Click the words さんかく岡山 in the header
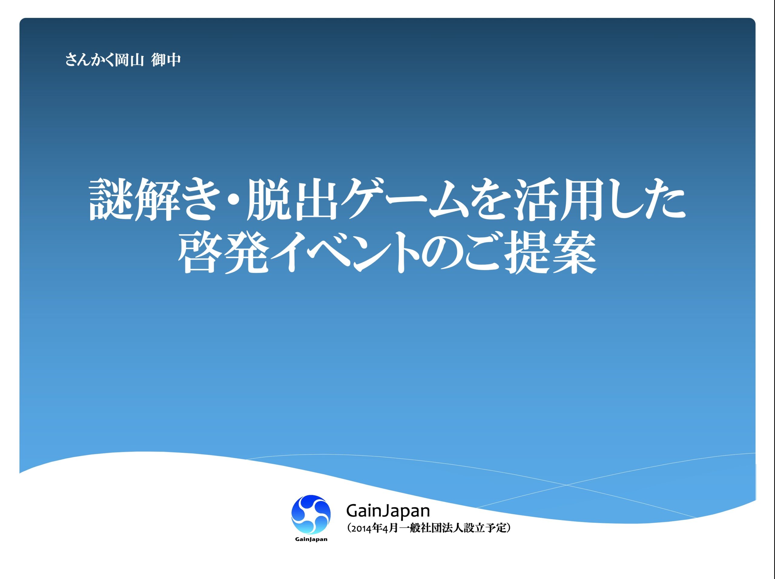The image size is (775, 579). (x=104, y=60)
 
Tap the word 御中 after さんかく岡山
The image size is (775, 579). (x=166, y=60)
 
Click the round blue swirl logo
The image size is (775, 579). (x=311, y=514)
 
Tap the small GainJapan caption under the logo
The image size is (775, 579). (x=311, y=539)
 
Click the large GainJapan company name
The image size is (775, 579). (x=388, y=511)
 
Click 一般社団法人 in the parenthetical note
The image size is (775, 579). (x=432, y=528)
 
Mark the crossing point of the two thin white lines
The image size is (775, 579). (x=566, y=485)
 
